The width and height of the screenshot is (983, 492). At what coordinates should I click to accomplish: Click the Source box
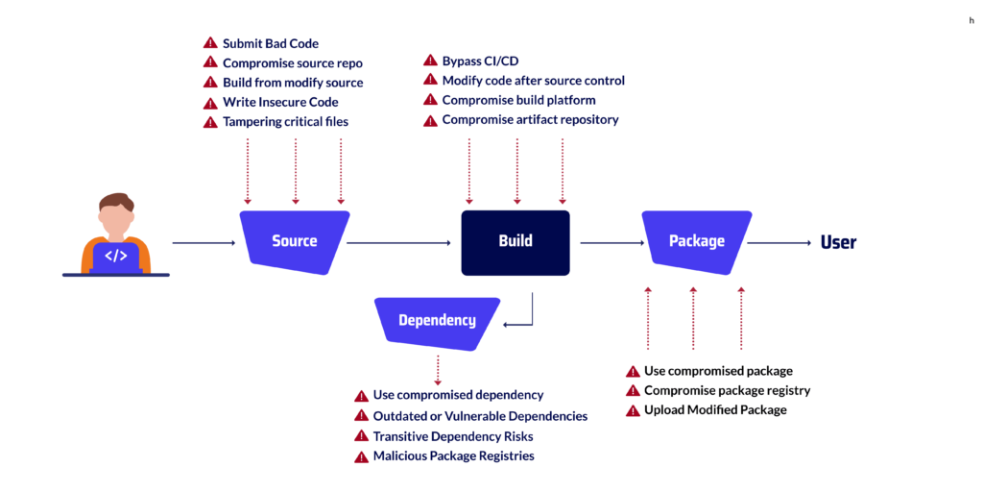click(294, 240)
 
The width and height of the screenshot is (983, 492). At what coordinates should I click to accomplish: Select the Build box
click(515, 241)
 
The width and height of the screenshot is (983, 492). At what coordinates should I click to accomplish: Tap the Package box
click(697, 240)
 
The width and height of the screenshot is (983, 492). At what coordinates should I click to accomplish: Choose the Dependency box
click(437, 320)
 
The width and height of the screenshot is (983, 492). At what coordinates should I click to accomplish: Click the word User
click(838, 242)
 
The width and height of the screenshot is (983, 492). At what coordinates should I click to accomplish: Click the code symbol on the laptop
click(115, 256)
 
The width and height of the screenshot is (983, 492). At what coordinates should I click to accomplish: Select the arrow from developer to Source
click(204, 243)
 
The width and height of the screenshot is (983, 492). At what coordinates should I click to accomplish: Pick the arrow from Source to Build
click(398, 243)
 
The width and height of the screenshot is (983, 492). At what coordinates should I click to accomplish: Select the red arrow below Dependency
click(438, 370)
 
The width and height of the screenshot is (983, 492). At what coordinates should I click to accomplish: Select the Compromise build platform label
click(518, 100)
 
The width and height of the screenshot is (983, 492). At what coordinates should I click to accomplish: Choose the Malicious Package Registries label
click(453, 456)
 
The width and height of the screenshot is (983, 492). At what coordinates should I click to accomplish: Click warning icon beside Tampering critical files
click(210, 122)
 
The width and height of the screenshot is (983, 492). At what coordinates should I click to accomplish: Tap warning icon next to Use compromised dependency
click(361, 396)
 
